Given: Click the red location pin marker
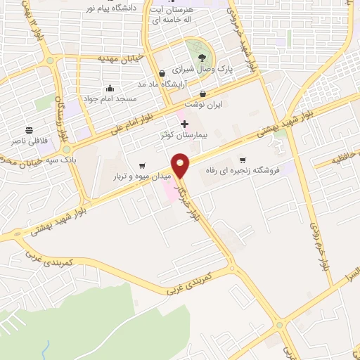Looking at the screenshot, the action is [181, 165].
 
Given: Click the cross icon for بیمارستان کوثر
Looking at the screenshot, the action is [184, 124].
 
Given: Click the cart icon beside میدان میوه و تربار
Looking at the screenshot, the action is [143, 166].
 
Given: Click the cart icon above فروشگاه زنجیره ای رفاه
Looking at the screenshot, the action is [243, 160].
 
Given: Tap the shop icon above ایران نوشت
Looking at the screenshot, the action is [203, 94].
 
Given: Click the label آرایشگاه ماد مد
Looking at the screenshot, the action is [143, 84].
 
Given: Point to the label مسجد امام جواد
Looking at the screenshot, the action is [110, 98].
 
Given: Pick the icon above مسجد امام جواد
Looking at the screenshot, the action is [110, 89].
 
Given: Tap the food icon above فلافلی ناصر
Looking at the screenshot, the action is [29, 131].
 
